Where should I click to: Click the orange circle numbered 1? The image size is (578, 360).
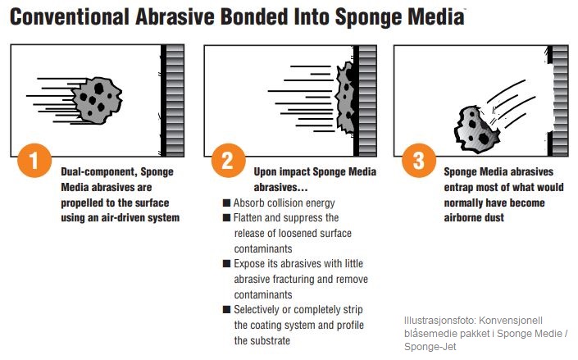(x=34, y=161)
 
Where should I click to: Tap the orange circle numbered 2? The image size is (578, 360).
(x=228, y=161)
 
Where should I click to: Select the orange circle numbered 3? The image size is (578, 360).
(x=418, y=161)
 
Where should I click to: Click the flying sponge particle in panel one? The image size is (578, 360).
(x=97, y=100)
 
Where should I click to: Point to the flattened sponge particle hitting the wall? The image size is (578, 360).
(x=345, y=98)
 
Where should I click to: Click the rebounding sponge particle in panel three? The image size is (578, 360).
(x=476, y=130)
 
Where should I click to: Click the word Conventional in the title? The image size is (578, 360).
(x=70, y=17)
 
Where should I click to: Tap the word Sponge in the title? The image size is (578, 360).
(x=370, y=18)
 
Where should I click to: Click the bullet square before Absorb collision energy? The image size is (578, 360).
(x=227, y=203)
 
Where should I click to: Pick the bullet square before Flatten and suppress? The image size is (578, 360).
(x=227, y=217)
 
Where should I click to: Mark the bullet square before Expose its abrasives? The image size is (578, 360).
(x=227, y=264)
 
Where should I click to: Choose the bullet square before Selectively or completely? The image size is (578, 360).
(x=227, y=309)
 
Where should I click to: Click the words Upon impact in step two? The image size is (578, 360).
(x=281, y=172)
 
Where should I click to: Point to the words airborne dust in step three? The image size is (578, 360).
(x=474, y=217)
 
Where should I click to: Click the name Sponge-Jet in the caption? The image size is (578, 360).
(x=430, y=347)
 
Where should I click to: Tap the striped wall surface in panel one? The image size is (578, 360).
(x=175, y=100)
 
